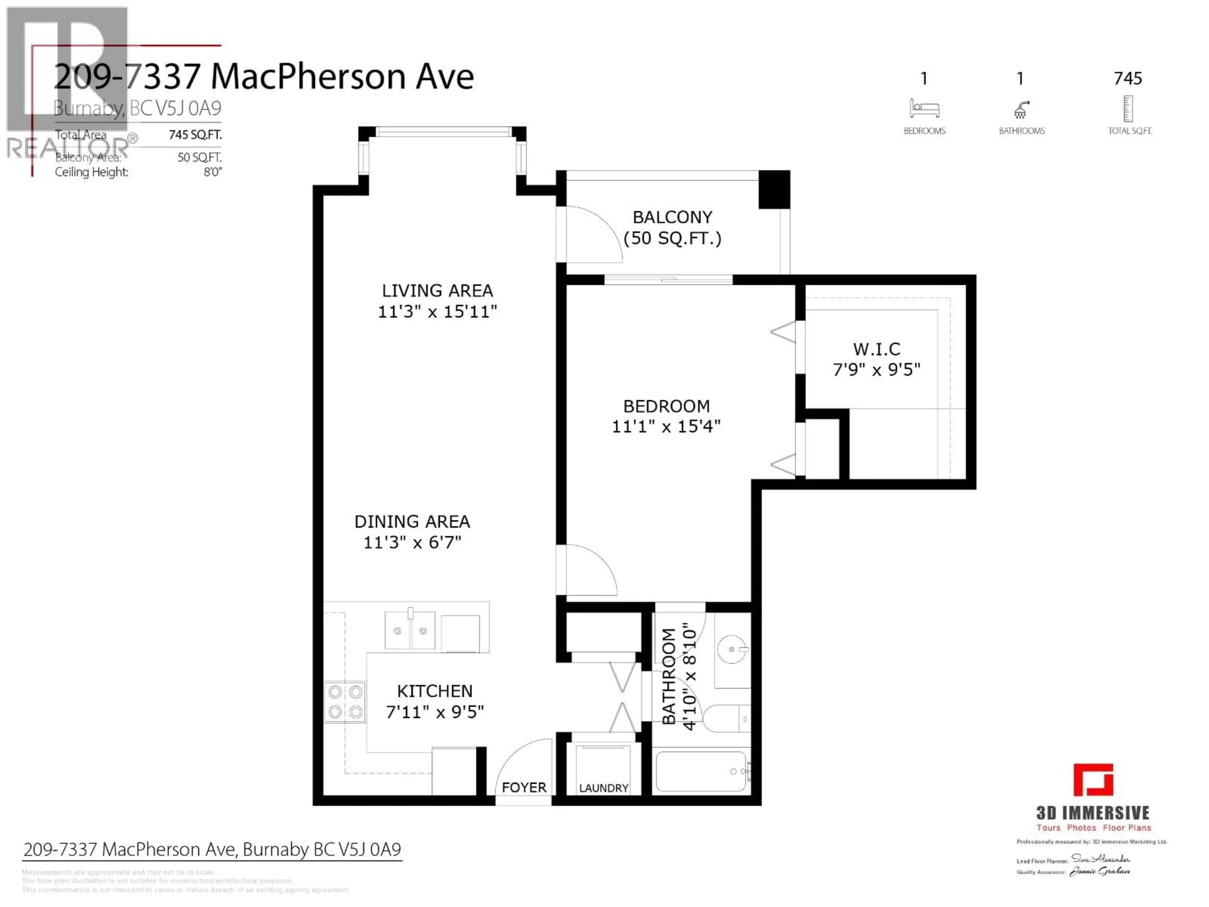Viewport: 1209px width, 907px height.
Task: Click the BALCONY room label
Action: pyautogui.click(x=672, y=217)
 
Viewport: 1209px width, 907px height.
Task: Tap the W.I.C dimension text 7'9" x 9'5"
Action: pyautogui.click(x=876, y=370)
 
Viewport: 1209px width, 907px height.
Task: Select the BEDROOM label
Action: pyautogui.click(x=666, y=406)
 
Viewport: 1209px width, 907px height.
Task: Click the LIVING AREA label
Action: pyautogui.click(x=437, y=290)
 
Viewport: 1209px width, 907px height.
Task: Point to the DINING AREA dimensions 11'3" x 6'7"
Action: pyautogui.click(x=413, y=542)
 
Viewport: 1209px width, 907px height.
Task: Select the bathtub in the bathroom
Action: pyautogui.click(x=701, y=771)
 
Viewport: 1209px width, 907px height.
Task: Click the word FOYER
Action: pyautogui.click(x=524, y=787)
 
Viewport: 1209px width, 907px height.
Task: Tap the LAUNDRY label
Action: pyautogui.click(x=604, y=788)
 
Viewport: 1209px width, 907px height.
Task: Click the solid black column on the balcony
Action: pyautogui.click(x=774, y=189)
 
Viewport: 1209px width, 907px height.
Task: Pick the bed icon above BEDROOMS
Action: pyautogui.click(x=924, y=108)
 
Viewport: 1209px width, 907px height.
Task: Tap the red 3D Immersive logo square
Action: pyautogui.click(x=1093, y=780)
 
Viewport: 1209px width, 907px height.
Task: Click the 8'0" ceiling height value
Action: pyautogui.click(x=212, y=172)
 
